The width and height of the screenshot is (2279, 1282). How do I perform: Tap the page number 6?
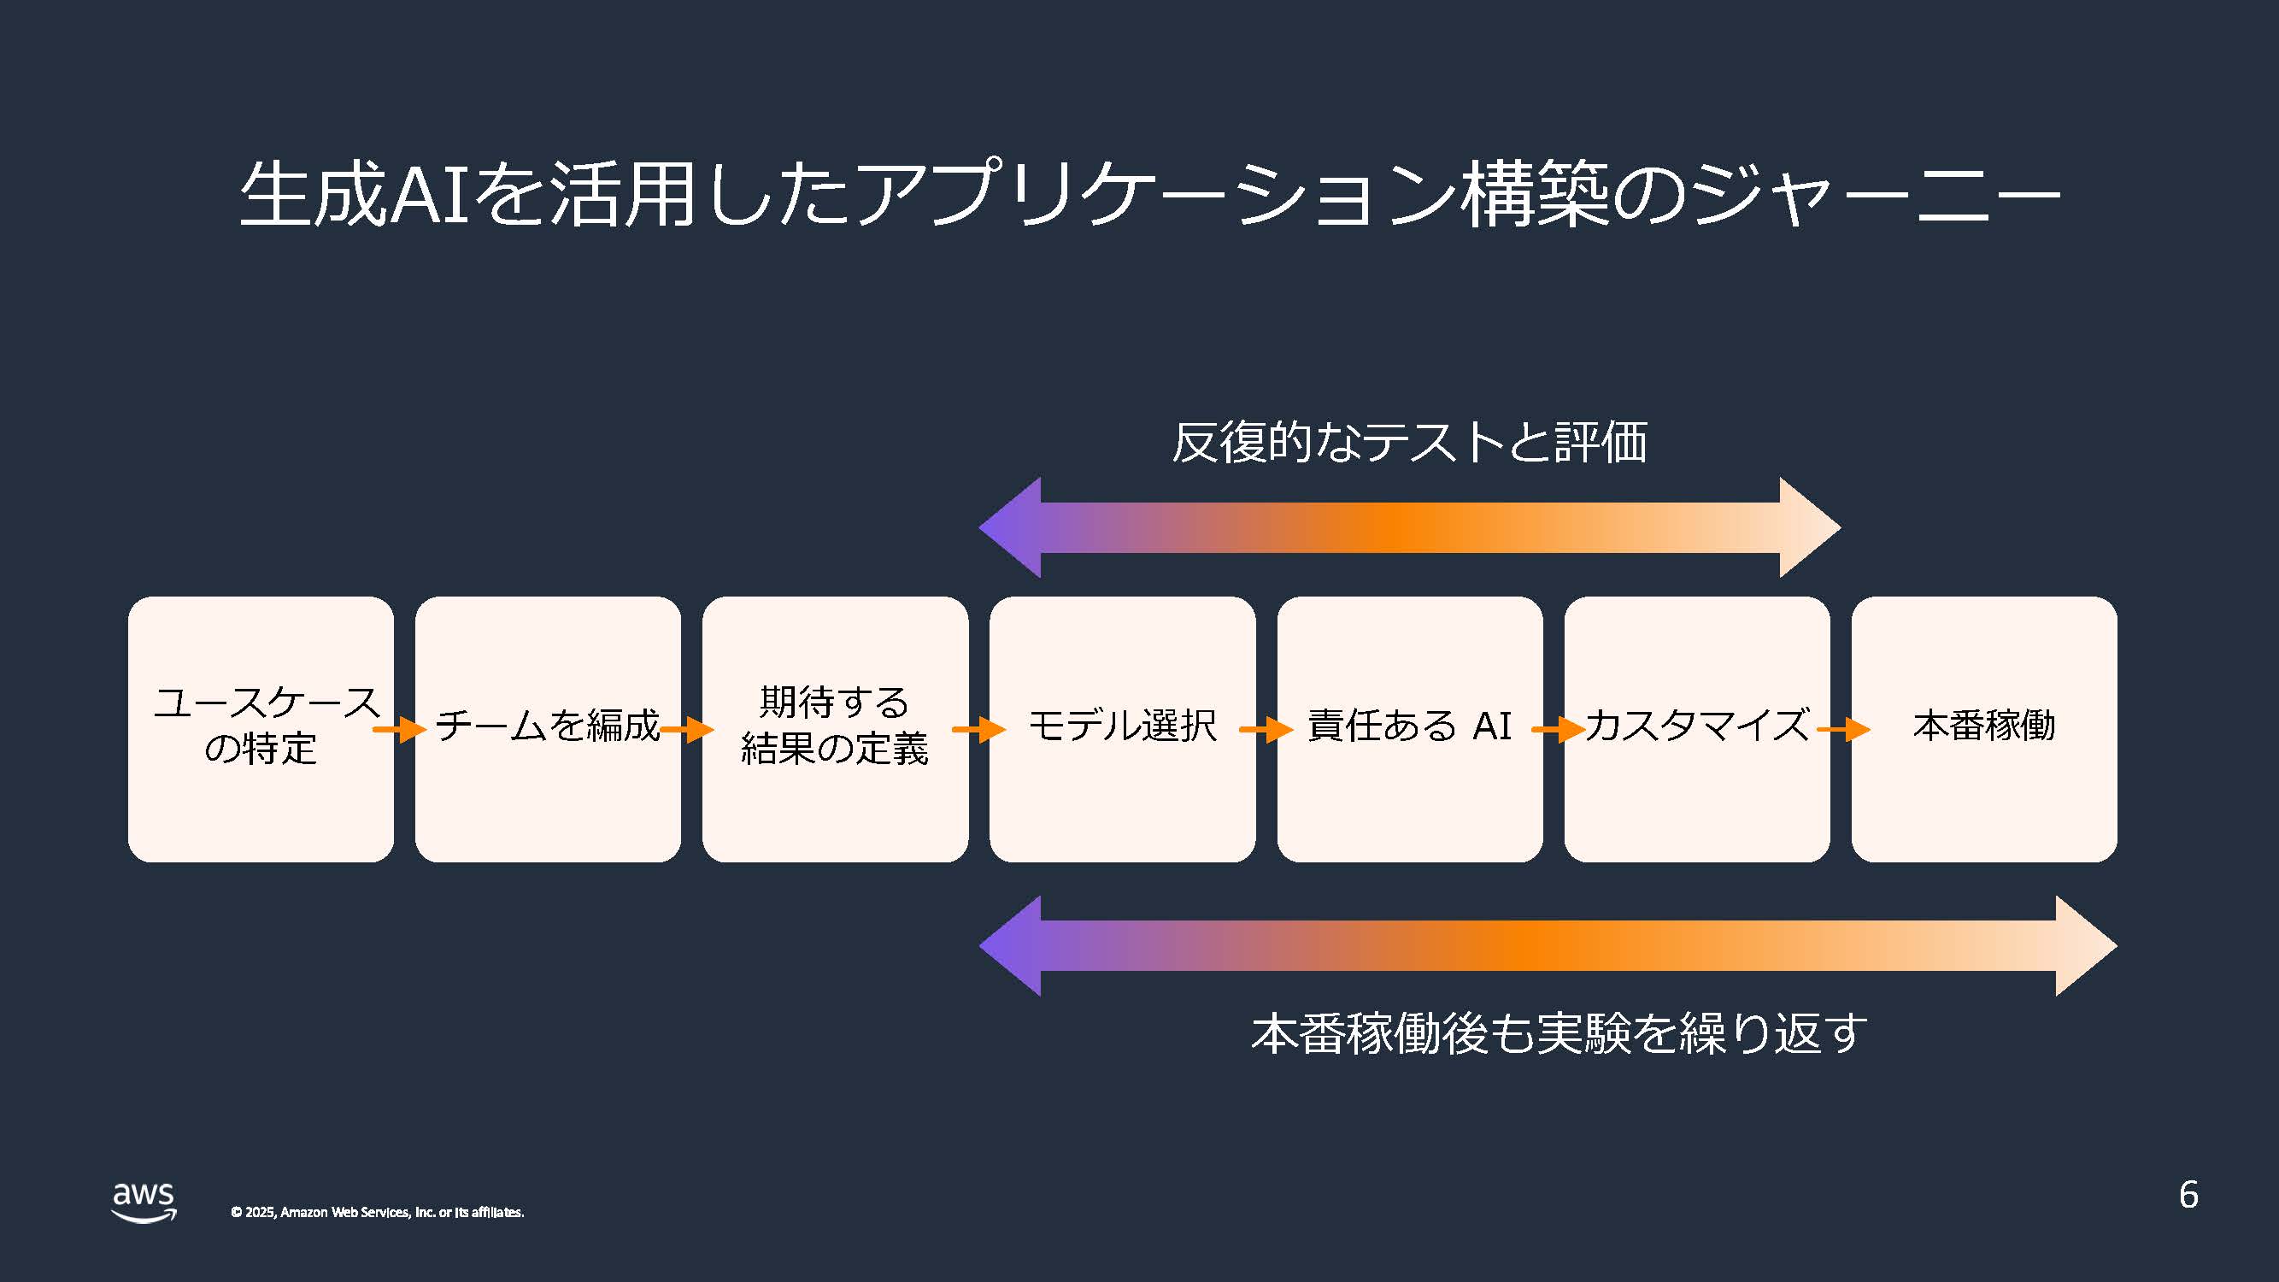click(2188, 1195)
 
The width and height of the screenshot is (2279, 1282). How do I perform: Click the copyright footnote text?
click(377, 1212)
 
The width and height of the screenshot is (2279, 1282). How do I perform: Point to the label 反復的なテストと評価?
click(1409, 442)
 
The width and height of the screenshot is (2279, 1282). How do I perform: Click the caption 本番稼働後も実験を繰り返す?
click(1559, 1032)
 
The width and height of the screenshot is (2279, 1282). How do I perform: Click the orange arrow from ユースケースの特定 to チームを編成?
click(400, 729)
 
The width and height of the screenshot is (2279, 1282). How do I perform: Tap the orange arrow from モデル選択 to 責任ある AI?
click(1266, 729)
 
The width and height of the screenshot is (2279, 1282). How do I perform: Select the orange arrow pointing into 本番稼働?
click(1844, 729)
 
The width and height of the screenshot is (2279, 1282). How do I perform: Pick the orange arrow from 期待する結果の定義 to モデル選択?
click(978, 729)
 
